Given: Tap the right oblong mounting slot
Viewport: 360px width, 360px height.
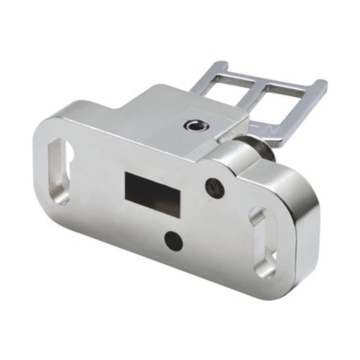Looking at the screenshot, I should [x=265, y=242].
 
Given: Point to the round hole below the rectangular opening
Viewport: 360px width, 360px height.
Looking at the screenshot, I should [x=174, y=241].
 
